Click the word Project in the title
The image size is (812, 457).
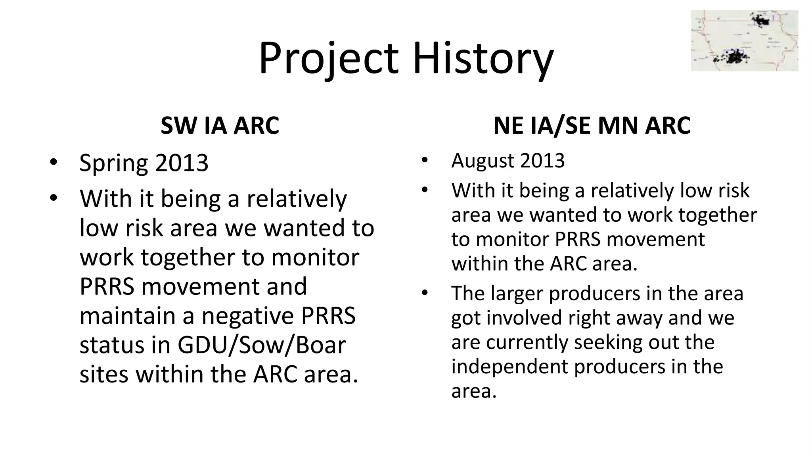[328, 58]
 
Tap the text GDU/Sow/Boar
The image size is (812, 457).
[262, 345]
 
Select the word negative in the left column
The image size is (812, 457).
[248, 316]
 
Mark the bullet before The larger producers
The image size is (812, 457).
[425, 294]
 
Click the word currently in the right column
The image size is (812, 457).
[524, 342]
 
